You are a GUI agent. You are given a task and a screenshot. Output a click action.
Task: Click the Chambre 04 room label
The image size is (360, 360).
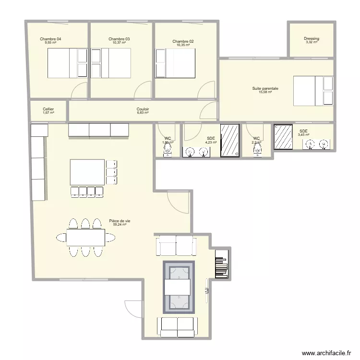pyautogui.click(x=50, y=39)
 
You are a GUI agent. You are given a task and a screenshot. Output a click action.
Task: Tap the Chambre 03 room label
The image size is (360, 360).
pyautogui.click(x=119, y=39)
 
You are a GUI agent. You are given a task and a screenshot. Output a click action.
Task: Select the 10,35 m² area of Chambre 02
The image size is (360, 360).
pyautogui.click(x=183, y=46)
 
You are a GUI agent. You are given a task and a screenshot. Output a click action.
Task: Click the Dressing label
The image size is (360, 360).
pyautogui.click(x=312, y=39)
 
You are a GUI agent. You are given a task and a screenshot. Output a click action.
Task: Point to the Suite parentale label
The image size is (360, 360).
pyautogui.click(x=265, y=88)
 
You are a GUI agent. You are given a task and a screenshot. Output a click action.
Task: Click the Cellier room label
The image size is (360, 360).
pyautogui.click(x=48, y=109)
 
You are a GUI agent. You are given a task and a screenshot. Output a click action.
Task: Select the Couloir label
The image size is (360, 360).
pyautogui.click(x=143, y=109)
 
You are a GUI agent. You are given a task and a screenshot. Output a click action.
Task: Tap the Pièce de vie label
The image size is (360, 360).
pyautogui.click(x=120, y=221)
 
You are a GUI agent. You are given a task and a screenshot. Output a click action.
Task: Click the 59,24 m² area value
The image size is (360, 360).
pyautogui.click(x=120, y=225)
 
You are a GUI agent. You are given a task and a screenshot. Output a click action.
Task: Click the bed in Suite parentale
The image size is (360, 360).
pyautogui.click(x=313, y=91)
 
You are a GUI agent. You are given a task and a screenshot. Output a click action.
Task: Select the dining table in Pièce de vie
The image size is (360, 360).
pyautogui.click(x=85, y=237)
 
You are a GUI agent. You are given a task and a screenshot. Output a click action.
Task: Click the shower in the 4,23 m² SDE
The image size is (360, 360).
pyautogui.click(x=229, y=140)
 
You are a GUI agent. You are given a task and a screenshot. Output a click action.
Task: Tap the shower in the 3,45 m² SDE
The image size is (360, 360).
pyautogui.click(x=283, y=137)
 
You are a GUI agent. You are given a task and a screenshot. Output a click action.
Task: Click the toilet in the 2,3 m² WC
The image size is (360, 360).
pyautogui.click(x=257, y=151)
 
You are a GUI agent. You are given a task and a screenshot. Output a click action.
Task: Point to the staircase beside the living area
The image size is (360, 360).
pyautogui.click(x=221, y=264)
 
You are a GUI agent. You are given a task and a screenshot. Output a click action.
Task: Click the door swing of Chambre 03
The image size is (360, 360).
pyautogui.click(x=143, y=89)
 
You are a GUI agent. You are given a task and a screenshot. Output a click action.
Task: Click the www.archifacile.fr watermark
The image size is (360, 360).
pyautogui.click(x=326, y=353)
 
